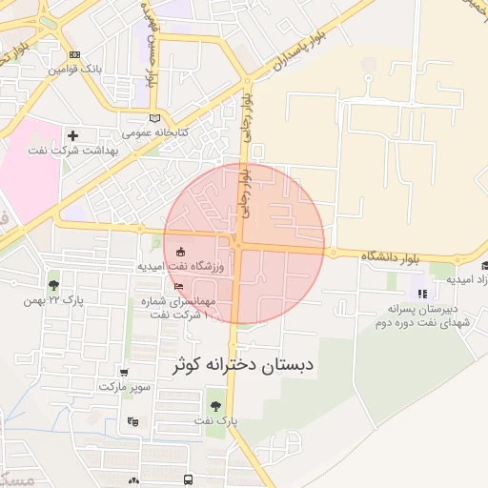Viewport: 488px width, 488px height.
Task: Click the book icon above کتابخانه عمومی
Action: point(155,117)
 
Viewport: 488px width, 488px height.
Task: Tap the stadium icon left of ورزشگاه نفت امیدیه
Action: point(181,252)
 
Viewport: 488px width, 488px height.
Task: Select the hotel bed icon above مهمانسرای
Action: point(179,285)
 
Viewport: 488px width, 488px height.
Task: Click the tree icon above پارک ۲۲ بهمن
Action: point(53,284)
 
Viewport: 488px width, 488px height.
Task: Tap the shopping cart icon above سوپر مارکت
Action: point(123,373)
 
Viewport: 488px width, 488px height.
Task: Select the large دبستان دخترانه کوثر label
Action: point(243,365)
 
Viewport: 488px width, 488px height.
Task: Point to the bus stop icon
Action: point(189,479)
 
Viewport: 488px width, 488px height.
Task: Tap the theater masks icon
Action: point(132,421)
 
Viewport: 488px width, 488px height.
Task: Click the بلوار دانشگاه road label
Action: point(391,257)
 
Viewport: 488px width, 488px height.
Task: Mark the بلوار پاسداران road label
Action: point(289,50)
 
